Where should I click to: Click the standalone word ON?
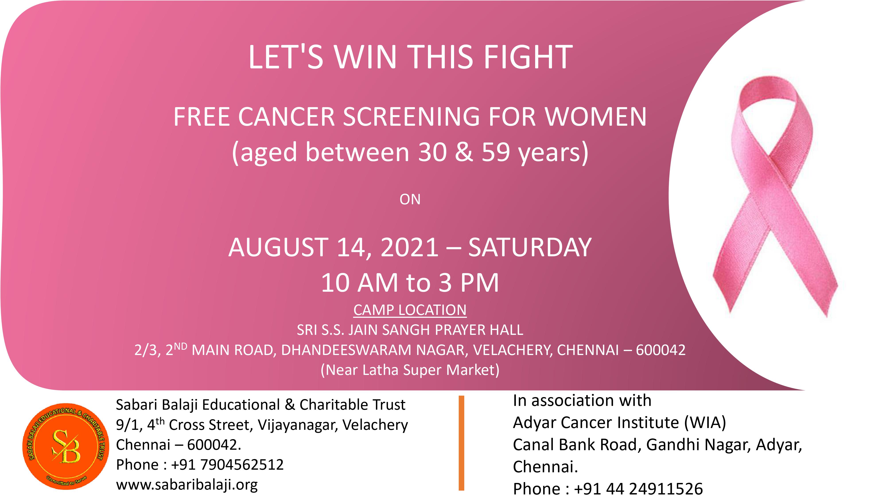coord(410,200)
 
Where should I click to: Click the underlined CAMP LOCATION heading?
coord(410,310)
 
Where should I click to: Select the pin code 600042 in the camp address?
coord(661,350)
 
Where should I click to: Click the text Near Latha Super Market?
coord(410,370)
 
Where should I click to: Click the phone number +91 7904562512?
coord(227,465)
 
